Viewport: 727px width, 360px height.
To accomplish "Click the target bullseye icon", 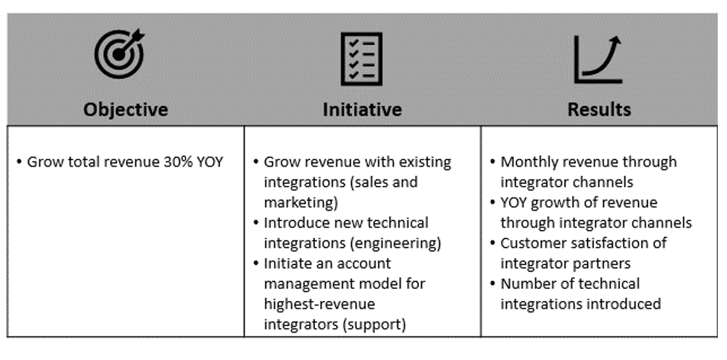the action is coord(120,54).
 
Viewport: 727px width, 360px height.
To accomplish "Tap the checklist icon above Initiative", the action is coord(362,59).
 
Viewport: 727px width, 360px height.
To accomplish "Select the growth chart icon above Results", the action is coord(598,59).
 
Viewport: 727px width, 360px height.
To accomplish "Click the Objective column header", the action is coord(126,110).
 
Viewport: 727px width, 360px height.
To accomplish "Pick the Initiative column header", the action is coord(362,110).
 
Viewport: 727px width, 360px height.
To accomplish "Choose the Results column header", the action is coord(599,110).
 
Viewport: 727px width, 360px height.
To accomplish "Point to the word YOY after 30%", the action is coord(211,162).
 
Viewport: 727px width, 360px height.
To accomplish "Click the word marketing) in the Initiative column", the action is coord(301,203).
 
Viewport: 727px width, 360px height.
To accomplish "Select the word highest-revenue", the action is coord(320,304).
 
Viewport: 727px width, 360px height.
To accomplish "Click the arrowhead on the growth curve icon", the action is coord(616,41).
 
